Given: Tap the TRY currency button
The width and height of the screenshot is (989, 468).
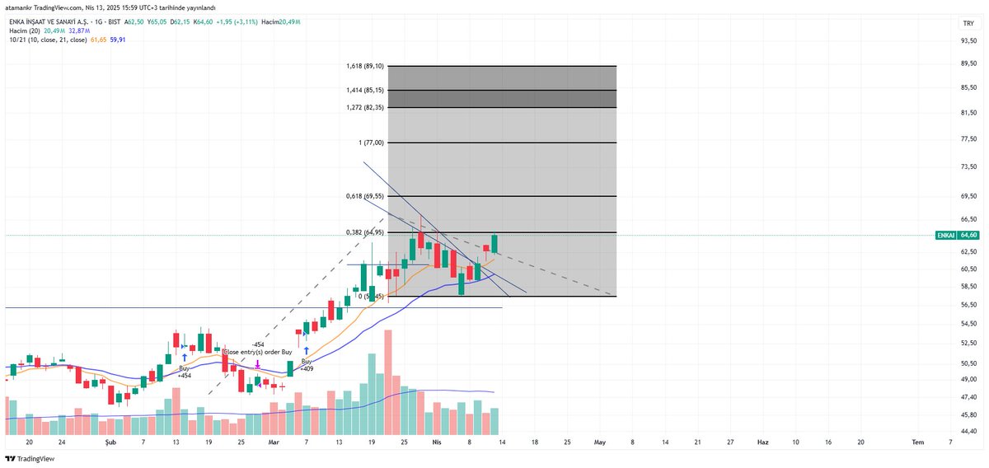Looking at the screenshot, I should coord(968,23).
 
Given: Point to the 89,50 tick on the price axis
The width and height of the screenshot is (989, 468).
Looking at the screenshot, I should coord(968,63).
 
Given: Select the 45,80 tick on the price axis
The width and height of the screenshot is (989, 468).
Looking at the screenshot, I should coord(968,414).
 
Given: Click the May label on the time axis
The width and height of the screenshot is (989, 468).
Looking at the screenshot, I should coord(600,442).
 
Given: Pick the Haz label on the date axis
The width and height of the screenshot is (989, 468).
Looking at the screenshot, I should coord(763,442).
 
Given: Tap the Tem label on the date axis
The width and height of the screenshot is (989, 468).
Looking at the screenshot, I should coord(917,442).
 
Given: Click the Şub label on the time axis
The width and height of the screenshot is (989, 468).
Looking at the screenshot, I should coord(110,442).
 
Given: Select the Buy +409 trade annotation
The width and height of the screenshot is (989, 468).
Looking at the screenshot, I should coord(307,365).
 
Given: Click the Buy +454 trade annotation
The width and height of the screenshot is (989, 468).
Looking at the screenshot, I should coord(184,372).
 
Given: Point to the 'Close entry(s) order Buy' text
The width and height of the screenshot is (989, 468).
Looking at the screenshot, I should coord(257,352).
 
